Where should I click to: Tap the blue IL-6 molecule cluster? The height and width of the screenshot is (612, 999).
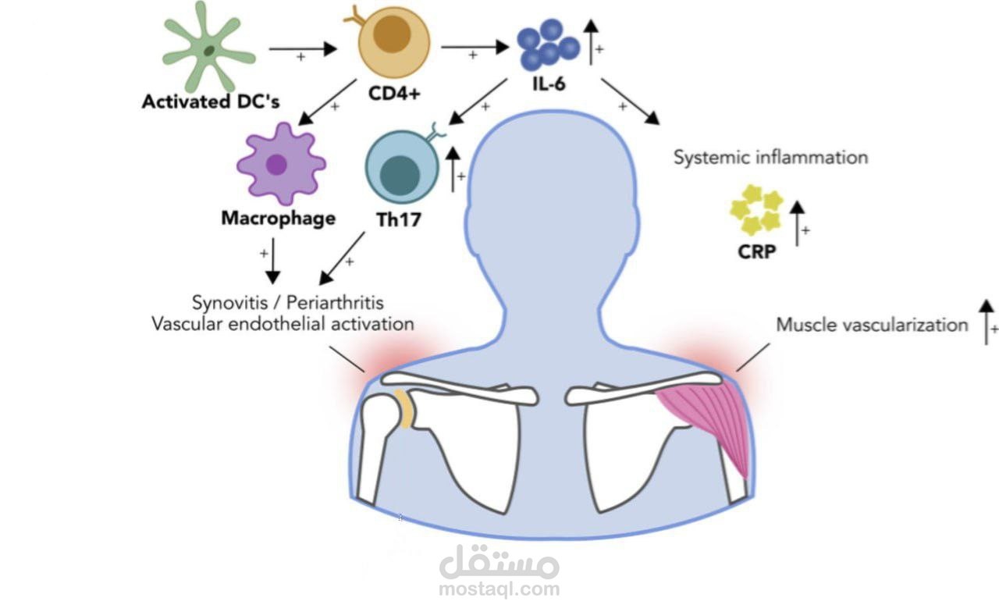tap(549, 44)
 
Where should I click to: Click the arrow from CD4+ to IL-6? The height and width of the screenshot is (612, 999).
tap(474, 48)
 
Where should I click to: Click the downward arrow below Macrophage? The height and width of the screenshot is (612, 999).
tap(272, 265)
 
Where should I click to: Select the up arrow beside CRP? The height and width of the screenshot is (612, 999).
tap(797, 223)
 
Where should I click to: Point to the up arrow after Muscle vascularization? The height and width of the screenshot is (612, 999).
tap(987, 322)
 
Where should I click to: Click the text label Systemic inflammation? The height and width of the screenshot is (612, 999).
tap(770, 157)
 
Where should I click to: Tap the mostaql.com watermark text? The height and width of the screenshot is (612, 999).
tap(499, 589)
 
